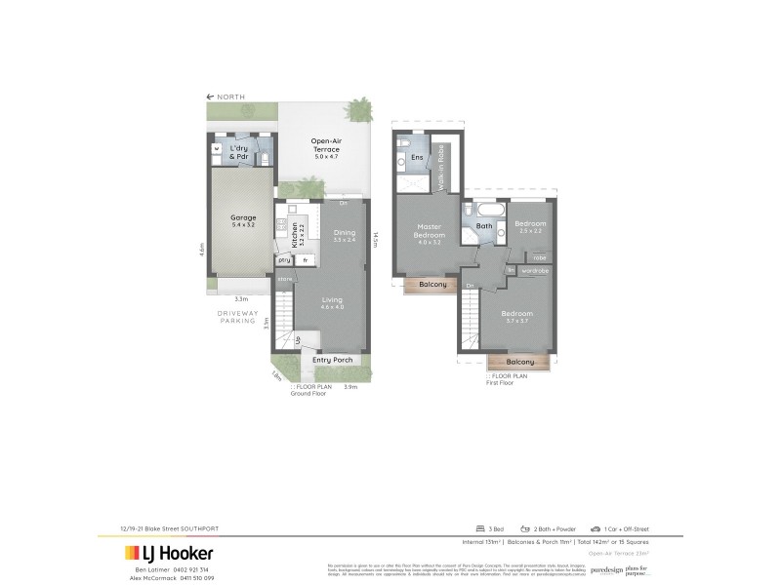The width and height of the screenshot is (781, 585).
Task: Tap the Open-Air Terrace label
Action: [325, 145]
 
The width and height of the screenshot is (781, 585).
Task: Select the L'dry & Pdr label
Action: [240, 153]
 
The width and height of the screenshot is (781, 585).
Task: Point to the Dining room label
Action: [345, 235]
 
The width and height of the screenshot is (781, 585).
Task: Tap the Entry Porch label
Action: [331, 360]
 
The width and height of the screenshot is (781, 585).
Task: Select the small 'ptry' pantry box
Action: [285, 260]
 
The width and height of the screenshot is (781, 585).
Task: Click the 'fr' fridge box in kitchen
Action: [306, 260]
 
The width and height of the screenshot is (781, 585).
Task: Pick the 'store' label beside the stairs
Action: [285, 279]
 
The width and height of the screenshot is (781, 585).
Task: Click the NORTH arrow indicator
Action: [226, 97]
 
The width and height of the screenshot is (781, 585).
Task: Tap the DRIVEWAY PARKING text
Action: [237, 318]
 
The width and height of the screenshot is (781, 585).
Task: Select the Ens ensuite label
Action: [417, 157]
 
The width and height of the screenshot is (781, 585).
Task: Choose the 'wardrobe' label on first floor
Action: [534, 270]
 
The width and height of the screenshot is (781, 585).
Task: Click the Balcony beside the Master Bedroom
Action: [432, 284]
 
